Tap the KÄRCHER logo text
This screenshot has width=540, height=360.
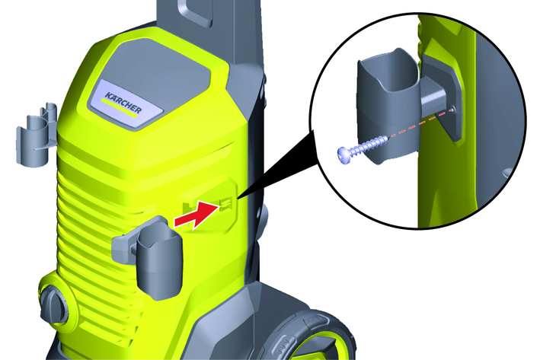[123, 102]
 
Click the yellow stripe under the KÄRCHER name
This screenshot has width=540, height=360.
[120, 108]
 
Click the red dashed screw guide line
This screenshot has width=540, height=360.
[420, 123]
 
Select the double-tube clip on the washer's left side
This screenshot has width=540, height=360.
[37, 136]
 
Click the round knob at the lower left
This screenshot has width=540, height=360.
[54, 303]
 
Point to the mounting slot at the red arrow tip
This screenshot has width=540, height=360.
[226, 205]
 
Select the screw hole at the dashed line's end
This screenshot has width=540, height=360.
[452, 110]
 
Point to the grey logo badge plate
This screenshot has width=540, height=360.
[125, 104]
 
